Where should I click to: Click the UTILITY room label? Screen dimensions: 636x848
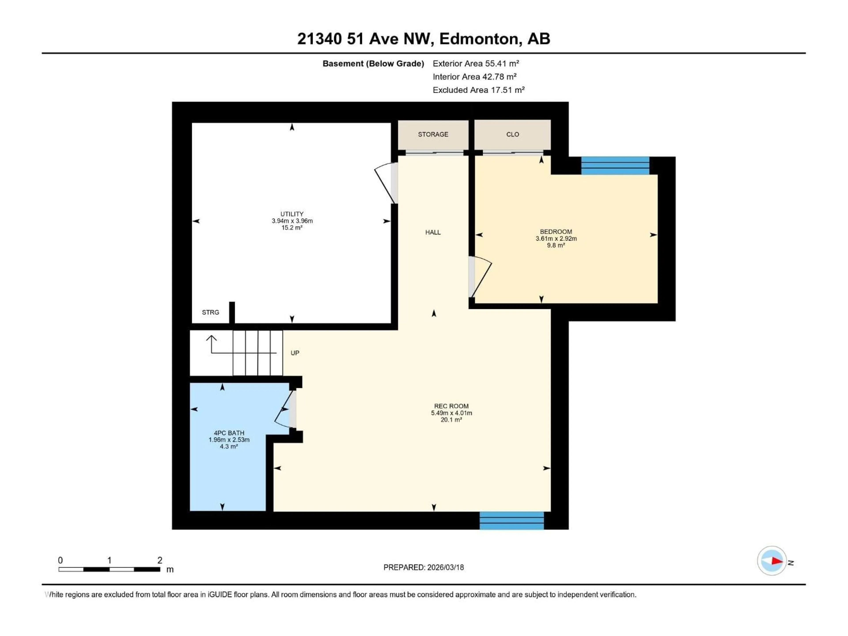292,214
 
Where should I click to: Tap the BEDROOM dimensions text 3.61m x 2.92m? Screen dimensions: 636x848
556,238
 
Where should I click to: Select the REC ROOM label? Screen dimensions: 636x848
451,406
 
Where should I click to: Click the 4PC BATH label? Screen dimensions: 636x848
229,433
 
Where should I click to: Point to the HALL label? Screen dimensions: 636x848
433,232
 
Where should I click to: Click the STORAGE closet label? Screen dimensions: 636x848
433,134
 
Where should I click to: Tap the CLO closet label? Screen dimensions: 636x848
513,134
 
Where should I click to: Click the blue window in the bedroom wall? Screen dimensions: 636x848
615,166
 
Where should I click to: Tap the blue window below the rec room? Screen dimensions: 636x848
511,521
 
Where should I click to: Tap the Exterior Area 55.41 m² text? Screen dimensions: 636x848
476,64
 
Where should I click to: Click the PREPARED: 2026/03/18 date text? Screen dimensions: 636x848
424,567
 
